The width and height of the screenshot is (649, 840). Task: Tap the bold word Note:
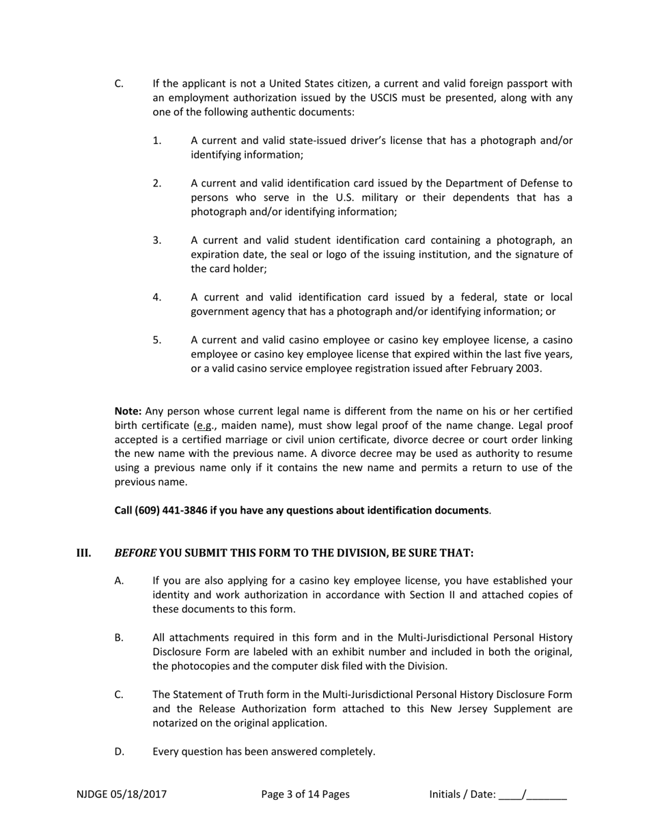pyautogui.click(x=128, y=411)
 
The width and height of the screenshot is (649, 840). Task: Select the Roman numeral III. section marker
pyautogui.click(x=83, y=552)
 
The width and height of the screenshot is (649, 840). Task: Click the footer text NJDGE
pyautogui.click(x=92, y=794)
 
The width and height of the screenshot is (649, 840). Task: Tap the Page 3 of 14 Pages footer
pyautogui.click(x=305, y=794)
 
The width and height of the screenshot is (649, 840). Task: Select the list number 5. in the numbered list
pyautogui.click(x=157, y=340)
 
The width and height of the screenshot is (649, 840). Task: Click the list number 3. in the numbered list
pyautogui.click(x=157, y=240)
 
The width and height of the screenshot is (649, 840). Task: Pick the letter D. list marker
pyautogui.click(x=120, y=751)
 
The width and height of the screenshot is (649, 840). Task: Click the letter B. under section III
pyautogui.click(x=119, y=637)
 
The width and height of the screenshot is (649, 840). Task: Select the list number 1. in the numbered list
pyautogui.click(x=157, y=141)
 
